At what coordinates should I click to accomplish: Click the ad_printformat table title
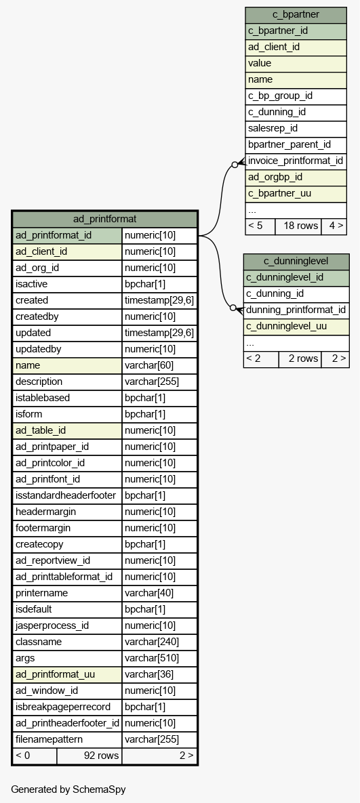pyautogui.click(x=104, y=219)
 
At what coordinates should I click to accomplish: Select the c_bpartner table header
pyautogui.click(x=296, y=15)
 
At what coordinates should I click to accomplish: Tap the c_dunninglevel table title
pyautogui.click(x=296, y=262)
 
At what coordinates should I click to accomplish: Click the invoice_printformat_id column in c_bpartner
pyautogui.click(x=296, y=161)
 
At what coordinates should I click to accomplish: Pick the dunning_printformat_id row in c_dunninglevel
pyautogui.click(x=296, y=310)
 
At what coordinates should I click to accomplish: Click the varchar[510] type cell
pyautogui.click(x=159, y=658)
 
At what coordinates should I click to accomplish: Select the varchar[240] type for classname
pyautogui.click(x=159, y=642)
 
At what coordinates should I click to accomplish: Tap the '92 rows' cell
pyautogui.click(x=89, y=756)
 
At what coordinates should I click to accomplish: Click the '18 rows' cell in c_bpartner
pyautogui.click(x=298, y=226)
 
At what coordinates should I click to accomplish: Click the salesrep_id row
pyautogui.click(x=296, y=129)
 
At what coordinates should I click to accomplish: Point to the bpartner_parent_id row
pyautogui.click(x=296, y=145)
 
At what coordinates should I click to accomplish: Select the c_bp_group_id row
pyautogui.click(x=296, y=96)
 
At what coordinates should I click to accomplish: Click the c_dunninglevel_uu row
pyautogui.click(x=296, y=326)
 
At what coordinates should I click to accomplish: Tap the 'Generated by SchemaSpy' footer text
pyautogui.click(x=68, y=789)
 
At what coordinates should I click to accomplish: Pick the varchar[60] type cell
pyautogui.click(x=159, y=366)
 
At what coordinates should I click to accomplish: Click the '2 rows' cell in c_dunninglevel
pyautogui.click(x=300, y=359)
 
